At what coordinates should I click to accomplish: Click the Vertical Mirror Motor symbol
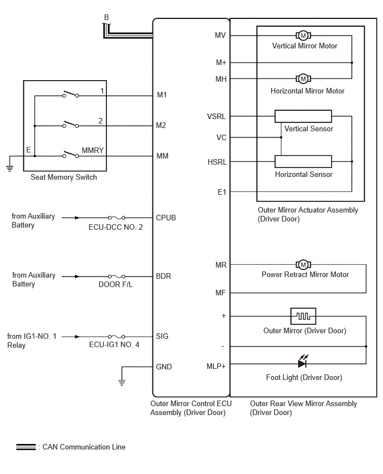tap(303, 36)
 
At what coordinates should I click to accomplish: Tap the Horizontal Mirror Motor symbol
tap(303, 79)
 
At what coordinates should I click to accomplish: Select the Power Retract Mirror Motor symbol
tap(303, 265)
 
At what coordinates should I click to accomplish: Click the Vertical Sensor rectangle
tap(303, 116)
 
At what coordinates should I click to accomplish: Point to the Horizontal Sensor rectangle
tap(303, 161)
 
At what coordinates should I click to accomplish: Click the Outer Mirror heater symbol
tap(303, 316)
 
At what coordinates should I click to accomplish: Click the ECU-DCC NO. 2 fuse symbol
tap(117, 218)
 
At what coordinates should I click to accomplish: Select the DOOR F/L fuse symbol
tap(117, 276)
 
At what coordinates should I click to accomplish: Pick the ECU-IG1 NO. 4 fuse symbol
tap(117, 337)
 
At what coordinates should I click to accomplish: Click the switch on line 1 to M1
tap(71, 94)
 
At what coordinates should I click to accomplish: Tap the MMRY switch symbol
tap(71, 155)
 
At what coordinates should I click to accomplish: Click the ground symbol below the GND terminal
tap(121, 382)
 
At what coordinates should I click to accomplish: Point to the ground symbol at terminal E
tap(9, 168)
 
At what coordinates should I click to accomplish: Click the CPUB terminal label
tap(166, 218)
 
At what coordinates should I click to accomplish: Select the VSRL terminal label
tap(217, 116)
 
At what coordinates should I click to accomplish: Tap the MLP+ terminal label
tap(216, 366)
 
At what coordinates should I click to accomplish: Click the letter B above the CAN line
tap(106, 18)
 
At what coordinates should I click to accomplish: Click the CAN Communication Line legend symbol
tap(26, 447)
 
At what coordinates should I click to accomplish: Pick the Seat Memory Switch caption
tap(63, 177)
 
